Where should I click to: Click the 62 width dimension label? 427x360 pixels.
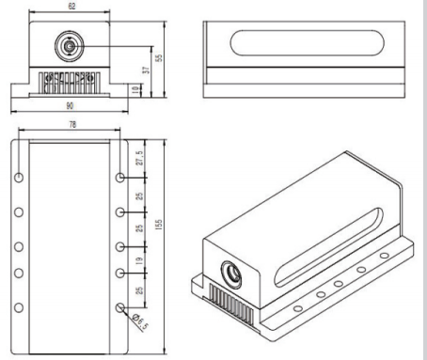coord(71,6)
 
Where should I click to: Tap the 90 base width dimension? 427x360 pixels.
coord(70,106)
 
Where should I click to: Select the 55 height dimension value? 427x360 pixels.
coord(159,58)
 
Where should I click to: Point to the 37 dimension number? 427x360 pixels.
coord(146,70)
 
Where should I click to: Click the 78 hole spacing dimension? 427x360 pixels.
coord(72,124)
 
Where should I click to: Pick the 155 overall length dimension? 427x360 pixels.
coord(159,225)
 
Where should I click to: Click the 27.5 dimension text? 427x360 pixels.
coord(139,158)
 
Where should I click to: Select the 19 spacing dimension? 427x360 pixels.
coord(139,260)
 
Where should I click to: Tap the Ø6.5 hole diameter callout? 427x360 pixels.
coord(140,321)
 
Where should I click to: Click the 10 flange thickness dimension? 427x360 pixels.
coord(135,90)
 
